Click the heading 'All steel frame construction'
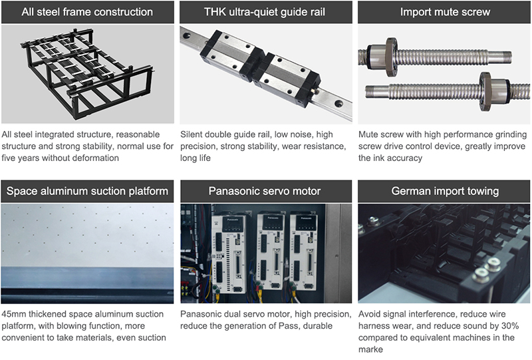[87, 12]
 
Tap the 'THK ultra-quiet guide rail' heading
[265, 12]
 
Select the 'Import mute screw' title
[445, 12]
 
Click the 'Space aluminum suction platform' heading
[87, 191]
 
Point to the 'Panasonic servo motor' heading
[265, 191]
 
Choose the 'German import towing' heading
[445, 191]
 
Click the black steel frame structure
[88, 74]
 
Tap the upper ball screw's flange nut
[391, 57]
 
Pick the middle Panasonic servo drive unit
[271, 252]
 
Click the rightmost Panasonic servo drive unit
[304, 252]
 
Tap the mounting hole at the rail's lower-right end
[338, 103]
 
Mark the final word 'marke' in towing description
[370, 349]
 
